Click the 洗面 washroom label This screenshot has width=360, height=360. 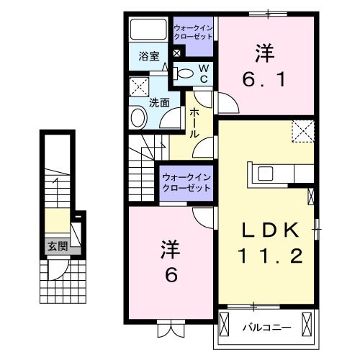(x=159, y=102)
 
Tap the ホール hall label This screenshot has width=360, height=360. (x=194, y=125)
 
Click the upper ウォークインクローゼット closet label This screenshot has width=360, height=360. (x=193, y=33)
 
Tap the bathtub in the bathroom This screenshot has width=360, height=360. (x=148, y=31)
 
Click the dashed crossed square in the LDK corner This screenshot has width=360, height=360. (x=303, y=131)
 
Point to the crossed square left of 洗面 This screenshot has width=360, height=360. (x=138, y=88)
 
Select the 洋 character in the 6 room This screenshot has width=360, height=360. (x=168, y=251)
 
